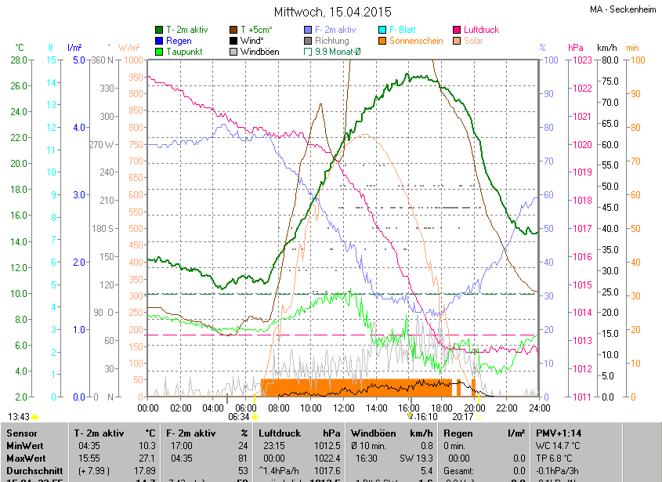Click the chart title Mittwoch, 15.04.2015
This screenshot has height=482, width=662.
(332, 12)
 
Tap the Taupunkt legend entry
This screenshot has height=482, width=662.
(185, 52)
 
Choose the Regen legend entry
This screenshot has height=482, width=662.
(179, 41)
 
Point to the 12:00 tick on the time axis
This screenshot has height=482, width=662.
(344, 408)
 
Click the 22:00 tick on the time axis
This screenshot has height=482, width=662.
(507, 408)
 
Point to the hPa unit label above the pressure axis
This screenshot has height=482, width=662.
(576, 47)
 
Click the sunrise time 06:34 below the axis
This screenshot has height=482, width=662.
(238, 417)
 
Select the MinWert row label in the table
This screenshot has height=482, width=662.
(24, 444)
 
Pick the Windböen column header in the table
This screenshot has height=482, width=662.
(371, 433)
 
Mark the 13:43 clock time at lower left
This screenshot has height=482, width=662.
(19, 417)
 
